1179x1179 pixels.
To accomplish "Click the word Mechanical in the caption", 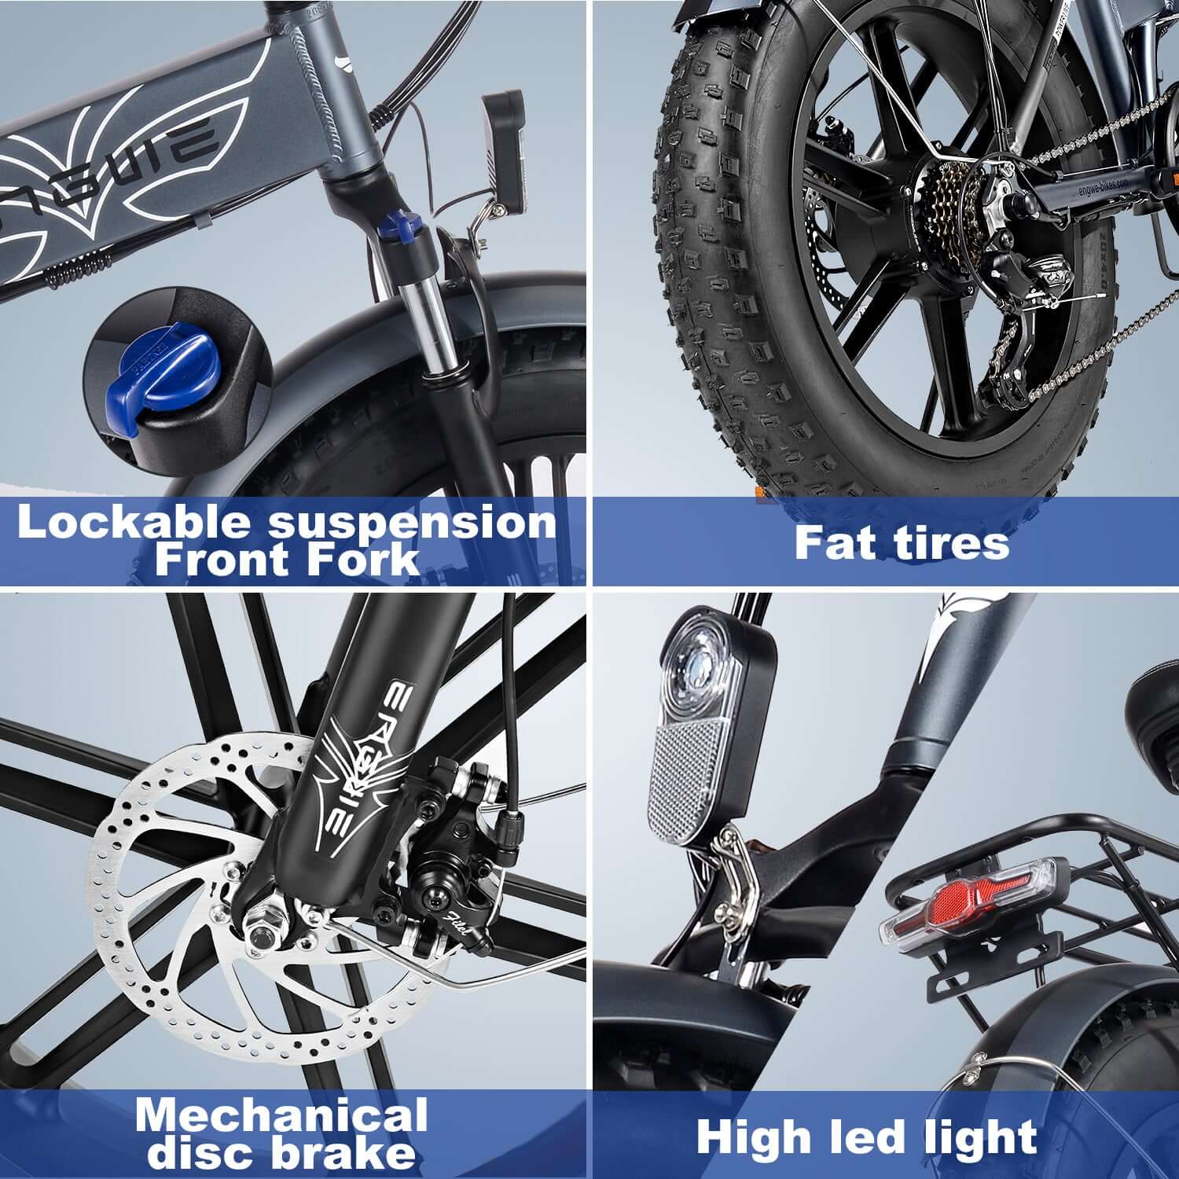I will [x=281, y=1115].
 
